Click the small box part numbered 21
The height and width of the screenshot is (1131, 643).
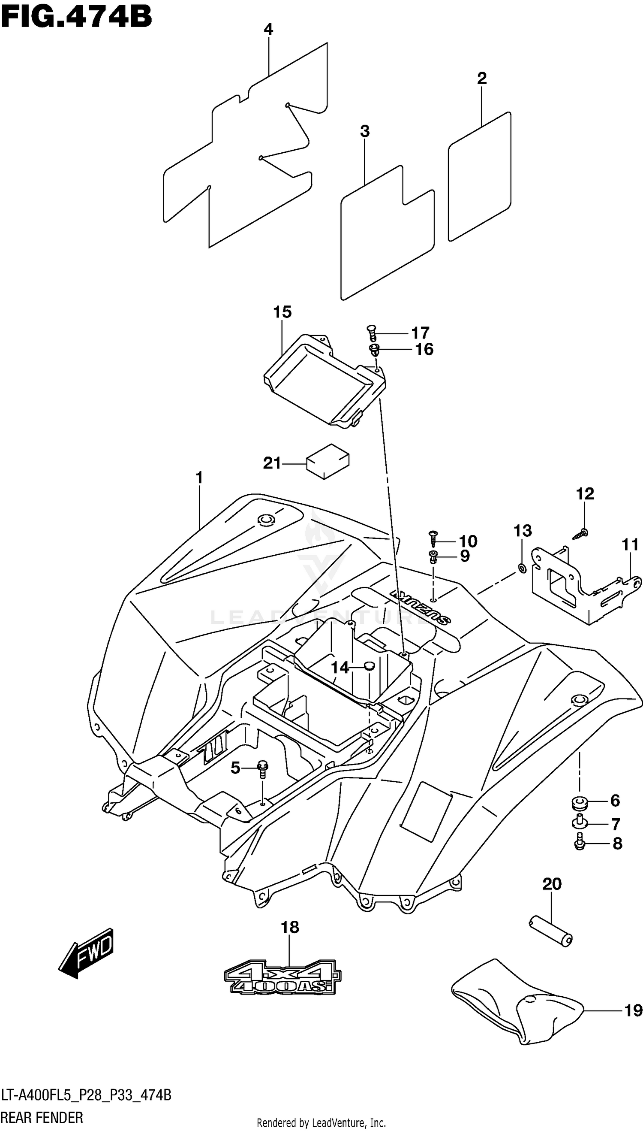[x=328, y=461]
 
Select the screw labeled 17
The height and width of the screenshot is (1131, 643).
[x=371, y=333]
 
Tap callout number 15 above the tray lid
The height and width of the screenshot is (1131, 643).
[x=282, y=312]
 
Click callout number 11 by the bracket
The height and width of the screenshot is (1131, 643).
[x=630, y=544]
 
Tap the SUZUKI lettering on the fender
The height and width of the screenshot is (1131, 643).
[x=420, y=606]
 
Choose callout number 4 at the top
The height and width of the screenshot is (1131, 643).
[x=268, y=30]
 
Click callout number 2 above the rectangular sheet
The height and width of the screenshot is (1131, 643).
[x=481, y=78]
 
